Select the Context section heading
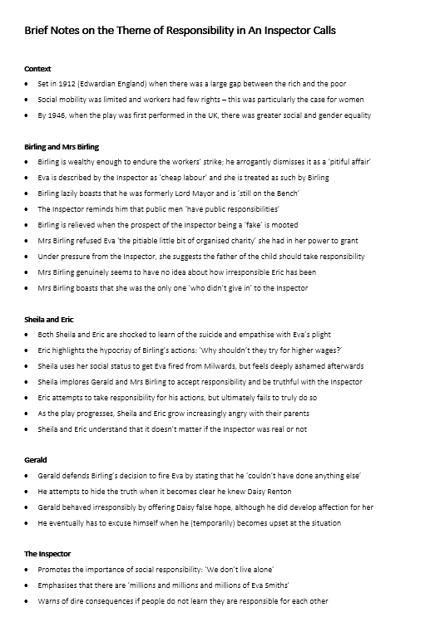pos(37,69)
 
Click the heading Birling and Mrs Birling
pos(62,146)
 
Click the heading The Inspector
pos(47,554)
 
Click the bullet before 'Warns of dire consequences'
pos(28,601)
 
